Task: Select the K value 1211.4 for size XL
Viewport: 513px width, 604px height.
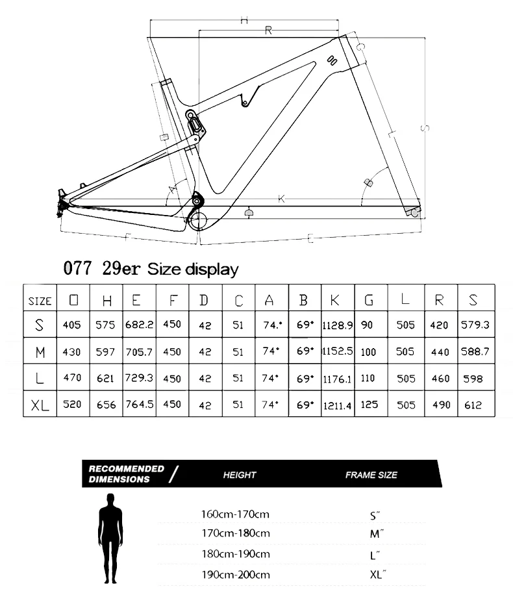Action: click(x=336, y=405)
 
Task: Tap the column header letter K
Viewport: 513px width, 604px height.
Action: click(x=336, y=300)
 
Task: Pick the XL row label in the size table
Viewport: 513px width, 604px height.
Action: click(x=40, y=405)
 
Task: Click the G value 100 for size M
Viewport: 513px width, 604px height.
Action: click(x=368, y=351)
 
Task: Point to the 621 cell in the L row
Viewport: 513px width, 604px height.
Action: click(x=105, y=378)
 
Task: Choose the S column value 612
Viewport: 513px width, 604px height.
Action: click(x=473, y=405)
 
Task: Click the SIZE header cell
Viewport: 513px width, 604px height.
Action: click(x=40, y=301)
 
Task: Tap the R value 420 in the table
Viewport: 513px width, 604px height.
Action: click(x=441, y=325)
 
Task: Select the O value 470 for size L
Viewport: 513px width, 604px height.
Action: click(x=72, y=378)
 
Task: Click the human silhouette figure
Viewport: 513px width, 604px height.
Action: click(x=110, y=540)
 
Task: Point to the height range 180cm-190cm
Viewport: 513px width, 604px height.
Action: click(x=235, y=554)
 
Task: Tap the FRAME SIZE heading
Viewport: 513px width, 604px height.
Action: click(x=371, y=475)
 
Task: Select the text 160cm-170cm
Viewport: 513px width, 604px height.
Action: click(x=235, y=514)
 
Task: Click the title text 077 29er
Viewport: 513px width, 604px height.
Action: click(x=103, y=268)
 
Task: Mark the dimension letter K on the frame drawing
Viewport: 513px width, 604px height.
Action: click(x=282, y=199)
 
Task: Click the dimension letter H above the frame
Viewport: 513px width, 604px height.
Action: click(x=244, y=20)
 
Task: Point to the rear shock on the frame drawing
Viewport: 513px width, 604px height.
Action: click(x=194, y=123)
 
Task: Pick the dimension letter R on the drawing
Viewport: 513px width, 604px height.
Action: click(x=268, y=31)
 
